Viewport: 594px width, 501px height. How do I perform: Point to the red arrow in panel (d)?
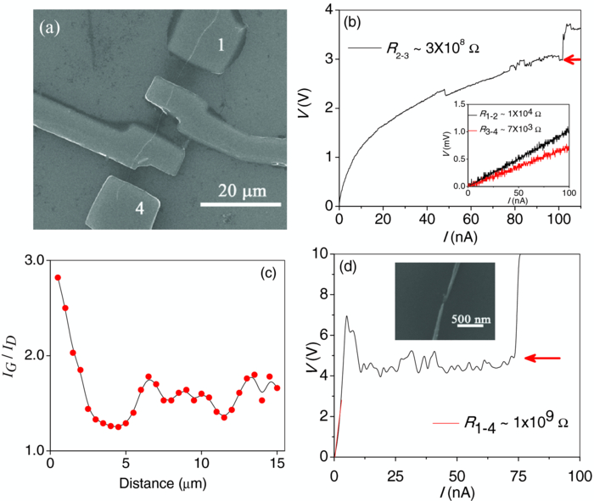click(x=547, y=359)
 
